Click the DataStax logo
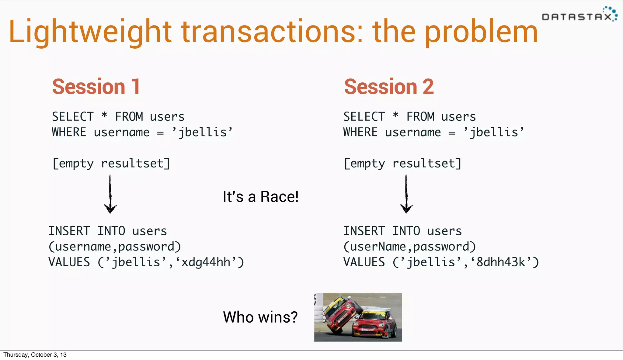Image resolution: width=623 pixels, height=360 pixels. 579,15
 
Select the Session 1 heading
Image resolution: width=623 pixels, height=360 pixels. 96,87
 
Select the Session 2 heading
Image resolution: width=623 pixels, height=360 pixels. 388,87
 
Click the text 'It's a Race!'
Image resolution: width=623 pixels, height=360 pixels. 260,197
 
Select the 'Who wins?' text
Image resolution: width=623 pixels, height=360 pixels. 260,317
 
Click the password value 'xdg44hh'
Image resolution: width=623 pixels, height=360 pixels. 206,262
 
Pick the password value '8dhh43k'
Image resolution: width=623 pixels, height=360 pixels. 501,262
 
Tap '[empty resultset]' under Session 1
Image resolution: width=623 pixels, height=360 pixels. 111,164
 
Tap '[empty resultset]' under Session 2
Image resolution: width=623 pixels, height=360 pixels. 402,164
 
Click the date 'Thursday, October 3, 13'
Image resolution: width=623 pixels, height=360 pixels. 35,355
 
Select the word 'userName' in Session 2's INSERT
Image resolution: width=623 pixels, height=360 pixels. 378,247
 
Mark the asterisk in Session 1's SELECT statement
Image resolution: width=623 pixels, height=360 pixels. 104,116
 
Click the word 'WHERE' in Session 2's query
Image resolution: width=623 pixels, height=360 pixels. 360,133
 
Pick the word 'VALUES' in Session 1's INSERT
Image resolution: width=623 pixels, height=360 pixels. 69,262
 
